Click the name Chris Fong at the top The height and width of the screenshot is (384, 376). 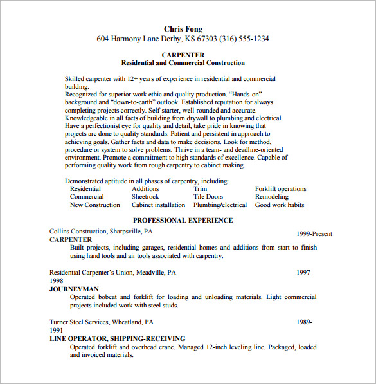point(183,28)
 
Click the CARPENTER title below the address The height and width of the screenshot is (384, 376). point(183,55)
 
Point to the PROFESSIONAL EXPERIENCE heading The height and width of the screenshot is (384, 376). point(183,220)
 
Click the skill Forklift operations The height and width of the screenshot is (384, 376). point(280,189)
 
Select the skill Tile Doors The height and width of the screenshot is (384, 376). point(208,197)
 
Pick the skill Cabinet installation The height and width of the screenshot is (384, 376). point(158,205)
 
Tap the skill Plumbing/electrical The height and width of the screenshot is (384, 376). point(220,205)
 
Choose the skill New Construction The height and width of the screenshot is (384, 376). point(95,205)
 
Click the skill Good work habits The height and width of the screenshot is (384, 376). point(280,205)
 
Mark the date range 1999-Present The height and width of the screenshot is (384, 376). point(314,234)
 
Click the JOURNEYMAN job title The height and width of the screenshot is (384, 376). point(74,289)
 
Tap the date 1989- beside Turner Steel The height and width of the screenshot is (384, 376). point(304,322)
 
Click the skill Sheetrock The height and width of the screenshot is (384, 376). point(145,197)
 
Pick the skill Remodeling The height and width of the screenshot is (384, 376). point(272,197)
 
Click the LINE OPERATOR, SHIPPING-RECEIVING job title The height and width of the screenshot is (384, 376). point(117,338)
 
